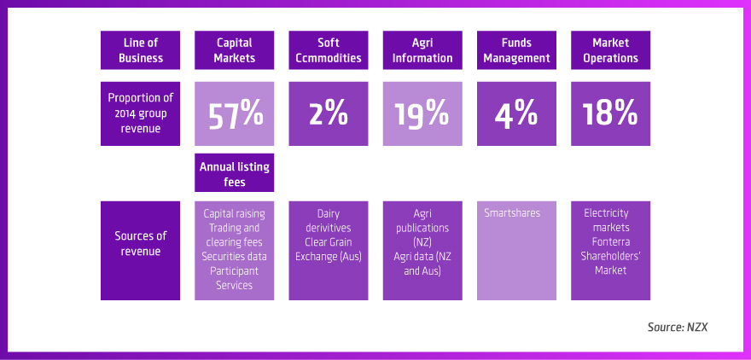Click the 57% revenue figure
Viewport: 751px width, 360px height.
click(x=235, y=113)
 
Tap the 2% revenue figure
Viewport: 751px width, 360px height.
click(x=329, y=113)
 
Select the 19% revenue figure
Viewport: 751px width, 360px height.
click(x=422, y=113)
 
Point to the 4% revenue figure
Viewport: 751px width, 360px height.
click(x=516, y=113)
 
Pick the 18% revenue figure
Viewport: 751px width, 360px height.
click(x=610, y=113)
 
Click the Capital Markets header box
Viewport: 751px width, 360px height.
click(x=235, y=50)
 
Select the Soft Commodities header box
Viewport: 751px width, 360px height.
click(x=329, y=50)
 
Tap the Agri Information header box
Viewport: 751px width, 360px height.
click(x=422, y=50)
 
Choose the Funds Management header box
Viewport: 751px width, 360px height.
click(x=516, y=50)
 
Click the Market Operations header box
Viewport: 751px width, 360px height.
click(x=610, y=50)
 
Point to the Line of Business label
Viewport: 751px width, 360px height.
click(x=141, y=50)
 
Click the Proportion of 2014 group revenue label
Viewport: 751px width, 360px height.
click(x=141, y=113)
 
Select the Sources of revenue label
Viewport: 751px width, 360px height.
click(x=141, y=242)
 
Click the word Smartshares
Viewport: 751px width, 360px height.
click(x=512, y=213)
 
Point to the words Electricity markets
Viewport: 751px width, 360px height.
click(x=607, y=220)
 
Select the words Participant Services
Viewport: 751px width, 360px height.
click(x=235, y=277)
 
